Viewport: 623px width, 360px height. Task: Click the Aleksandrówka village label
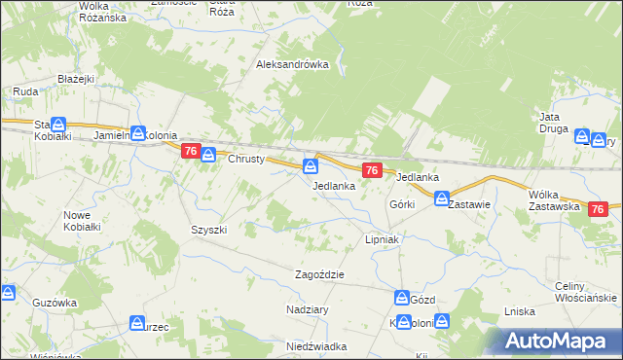tap(292, 65)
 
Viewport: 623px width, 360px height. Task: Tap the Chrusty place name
tap(246, 160)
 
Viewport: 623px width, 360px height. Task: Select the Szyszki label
tap(208, 230)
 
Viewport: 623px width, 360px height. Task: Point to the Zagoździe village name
tap(320, 275)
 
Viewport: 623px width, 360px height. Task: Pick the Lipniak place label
tap(383, 238)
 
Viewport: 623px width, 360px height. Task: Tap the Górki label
tap(402, 204)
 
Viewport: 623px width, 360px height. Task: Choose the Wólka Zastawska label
tap(555, 200)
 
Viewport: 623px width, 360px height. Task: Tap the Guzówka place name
tap(54, 303)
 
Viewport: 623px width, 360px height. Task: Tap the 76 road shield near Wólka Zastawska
tap(598, 209)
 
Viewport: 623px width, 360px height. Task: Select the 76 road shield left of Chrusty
tap(191, 151)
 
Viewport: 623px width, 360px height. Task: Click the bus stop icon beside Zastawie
tap(440, 200)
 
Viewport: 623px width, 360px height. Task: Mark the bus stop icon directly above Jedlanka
tap(311, 166)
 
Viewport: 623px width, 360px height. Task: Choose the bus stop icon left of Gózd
tap(402, 298)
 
